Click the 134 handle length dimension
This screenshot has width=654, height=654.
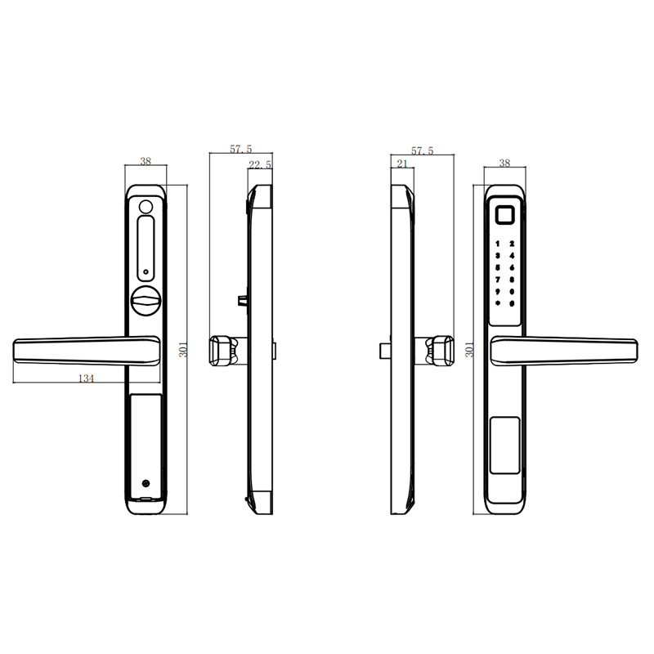pyautogui.click(x=87, y=379)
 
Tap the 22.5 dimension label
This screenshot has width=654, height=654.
pyautogui.click(x=260, y=165)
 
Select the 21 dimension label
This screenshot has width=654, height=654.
pyautogui.click(x=402, y=163)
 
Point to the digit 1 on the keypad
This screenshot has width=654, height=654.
pyautogui.click(x=498, y=244)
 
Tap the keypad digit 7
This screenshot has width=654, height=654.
pyautogui.click(x=498, y=280)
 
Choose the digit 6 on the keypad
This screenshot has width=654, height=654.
pyautogui.click(x=512, y=268)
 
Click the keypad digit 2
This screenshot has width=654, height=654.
pyautogui.click(x=512, y=244)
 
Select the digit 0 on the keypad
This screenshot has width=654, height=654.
pyautogui.click(x=512, y=292)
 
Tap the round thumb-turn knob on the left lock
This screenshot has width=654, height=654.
pyautogui.click(x=146, y=301)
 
